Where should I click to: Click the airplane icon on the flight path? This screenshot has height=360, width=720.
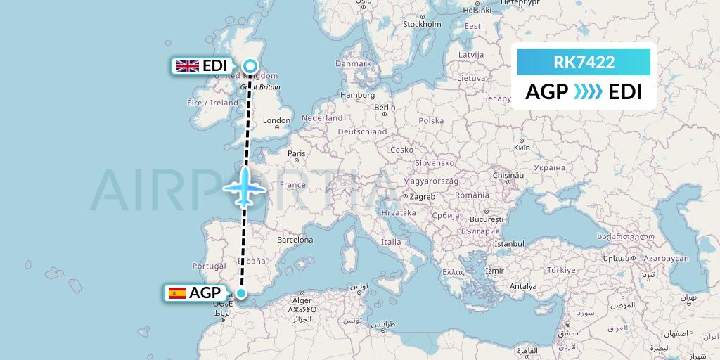[244, 187]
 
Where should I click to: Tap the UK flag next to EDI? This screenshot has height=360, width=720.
[187, 66]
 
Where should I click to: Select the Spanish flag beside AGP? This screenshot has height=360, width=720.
[177, 293]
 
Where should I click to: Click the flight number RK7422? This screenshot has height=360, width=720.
[584, 63]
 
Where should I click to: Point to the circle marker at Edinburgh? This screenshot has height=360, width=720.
[250, 66]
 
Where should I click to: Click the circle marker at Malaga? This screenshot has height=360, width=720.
[241, 294]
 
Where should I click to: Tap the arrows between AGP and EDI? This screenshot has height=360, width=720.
[588, 92]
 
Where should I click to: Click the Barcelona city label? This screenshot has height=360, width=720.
[295, 240]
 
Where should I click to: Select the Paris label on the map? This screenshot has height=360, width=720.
[297, 153]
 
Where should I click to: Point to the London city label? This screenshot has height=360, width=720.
[276, 120]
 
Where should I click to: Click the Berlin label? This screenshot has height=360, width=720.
[385, 108]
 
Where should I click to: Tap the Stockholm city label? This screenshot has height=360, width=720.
[422, 24]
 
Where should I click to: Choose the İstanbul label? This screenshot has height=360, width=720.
[510, 243]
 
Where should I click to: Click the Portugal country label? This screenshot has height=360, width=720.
[208, 266]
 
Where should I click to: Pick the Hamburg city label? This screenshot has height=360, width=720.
[357, 95]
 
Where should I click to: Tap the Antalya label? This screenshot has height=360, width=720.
[523, 286]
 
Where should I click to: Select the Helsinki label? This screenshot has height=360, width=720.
[477, 11]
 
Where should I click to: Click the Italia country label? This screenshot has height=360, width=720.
[390, 242]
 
